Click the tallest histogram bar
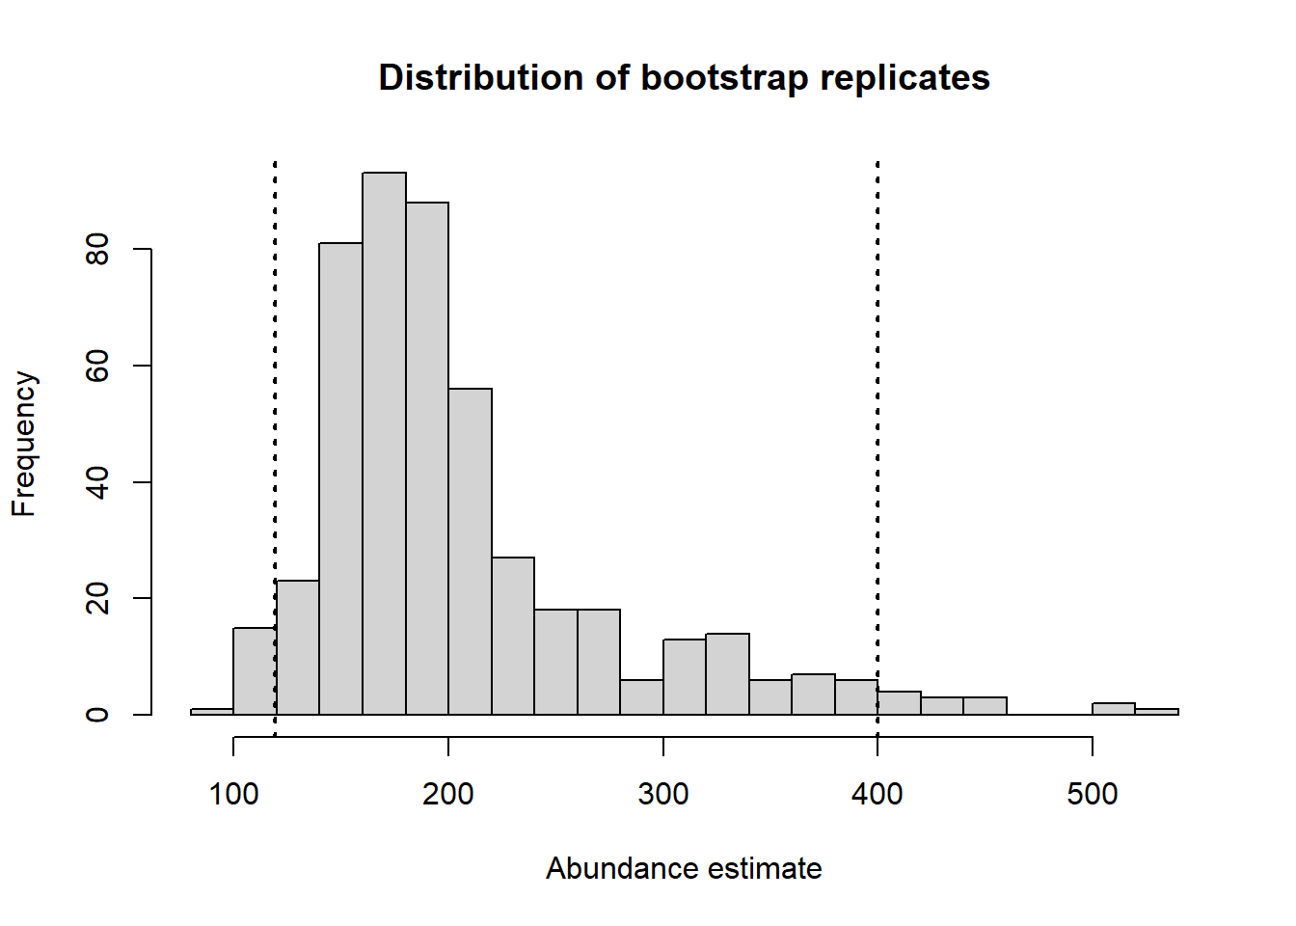tap(384, 444)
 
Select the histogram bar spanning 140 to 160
tap(340, 478)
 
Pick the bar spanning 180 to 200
tap(427, 458)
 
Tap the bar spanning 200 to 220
tap(470, 552)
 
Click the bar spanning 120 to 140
tap(297, 647)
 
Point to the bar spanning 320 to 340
tap(727, 674)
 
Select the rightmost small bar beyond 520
tap(1156, 711)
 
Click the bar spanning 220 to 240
tap(513, 636)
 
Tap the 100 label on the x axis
tap(233, 794)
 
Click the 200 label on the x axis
tap(447, 794)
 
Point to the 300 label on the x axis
tap(663, 794)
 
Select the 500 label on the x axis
tap(1093, 794)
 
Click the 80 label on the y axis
tap(97, 250)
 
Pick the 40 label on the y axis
tap(97, 482)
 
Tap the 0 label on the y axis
tap(97, 715)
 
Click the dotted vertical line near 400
tap(877, 449)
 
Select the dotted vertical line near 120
tap(275, 449)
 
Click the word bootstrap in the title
tap(724, 78)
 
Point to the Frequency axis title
tap(24, 444)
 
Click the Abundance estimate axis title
tap(684, 869)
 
